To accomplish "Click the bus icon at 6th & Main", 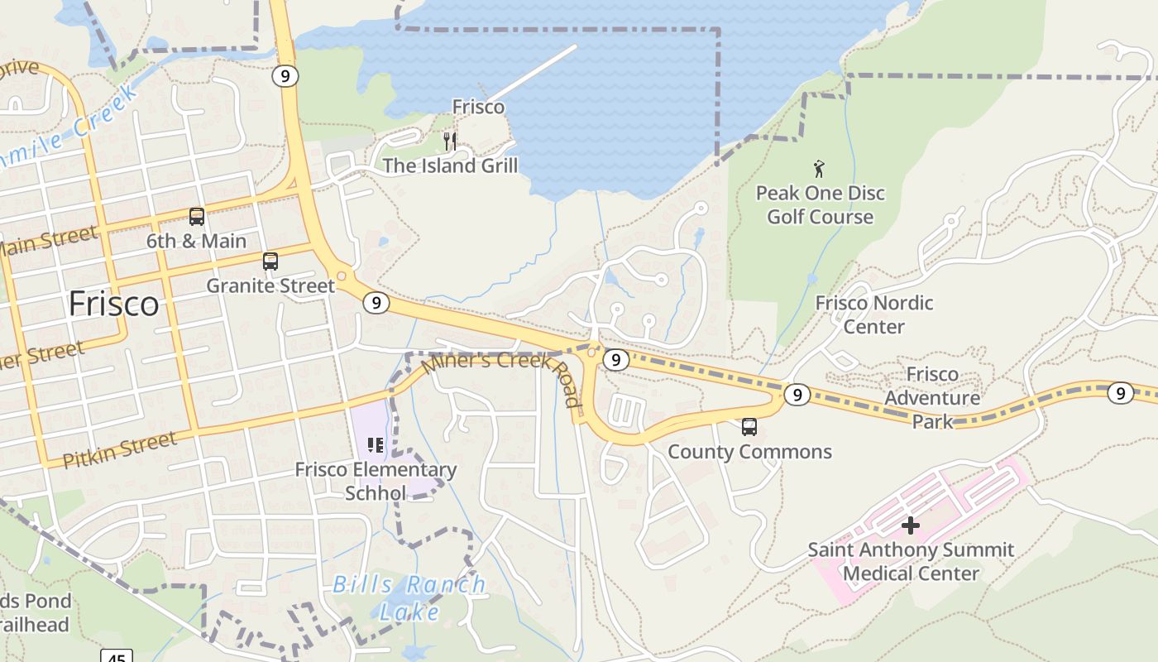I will [x=197, y=217].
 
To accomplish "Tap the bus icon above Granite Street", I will [x=270, y=261].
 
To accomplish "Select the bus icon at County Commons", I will [x=749, y=427].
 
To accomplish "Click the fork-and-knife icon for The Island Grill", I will [x=450, y=141].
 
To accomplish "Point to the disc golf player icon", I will [x=819, y=169].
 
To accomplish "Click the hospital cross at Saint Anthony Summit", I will [x=911, y=525].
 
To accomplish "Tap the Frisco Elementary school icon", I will [x=376, y=446].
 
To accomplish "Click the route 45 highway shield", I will [x=117, y=657].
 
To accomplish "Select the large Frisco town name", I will [x=114, y=304].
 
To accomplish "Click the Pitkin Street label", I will [x=121, y=449].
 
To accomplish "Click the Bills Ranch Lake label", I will [x=409, y=597].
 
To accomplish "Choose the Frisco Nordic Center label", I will [x=874, y=314].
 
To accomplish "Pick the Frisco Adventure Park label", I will [x=932, y=398].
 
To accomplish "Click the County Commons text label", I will [x=749, y=452].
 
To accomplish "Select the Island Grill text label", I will [x=450, y=165].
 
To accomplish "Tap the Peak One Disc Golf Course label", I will [x=821, y=205].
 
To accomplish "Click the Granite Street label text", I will [x=270, y=286].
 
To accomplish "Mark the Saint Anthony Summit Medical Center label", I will [x=911, y=561].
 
